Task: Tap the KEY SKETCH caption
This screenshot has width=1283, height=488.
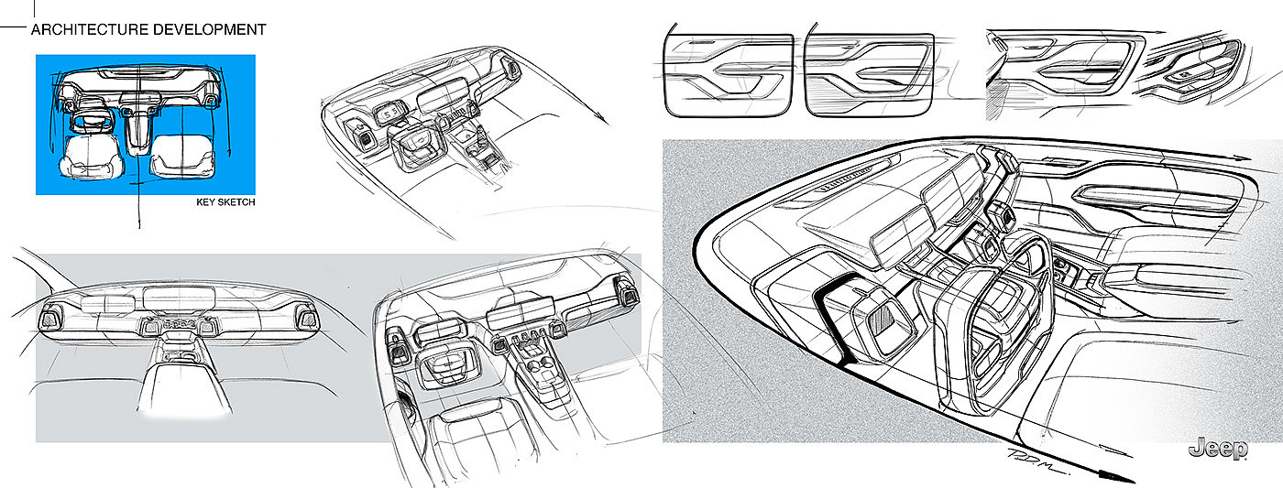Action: [x=225, y=202]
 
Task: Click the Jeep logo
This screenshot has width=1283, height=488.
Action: [x=1218, y=449]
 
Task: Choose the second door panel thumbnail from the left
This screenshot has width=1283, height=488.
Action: [x=870, y=75]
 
